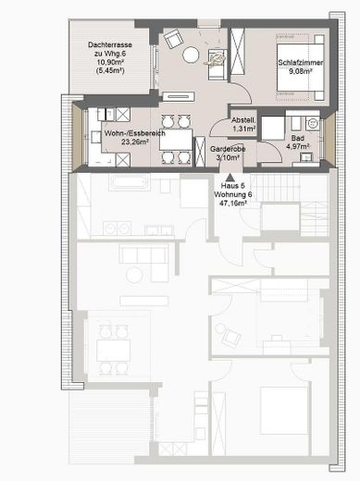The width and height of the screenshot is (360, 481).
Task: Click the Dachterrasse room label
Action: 111,44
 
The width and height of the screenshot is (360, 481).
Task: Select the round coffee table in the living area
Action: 191,55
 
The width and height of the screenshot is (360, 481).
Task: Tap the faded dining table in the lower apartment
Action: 113,351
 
